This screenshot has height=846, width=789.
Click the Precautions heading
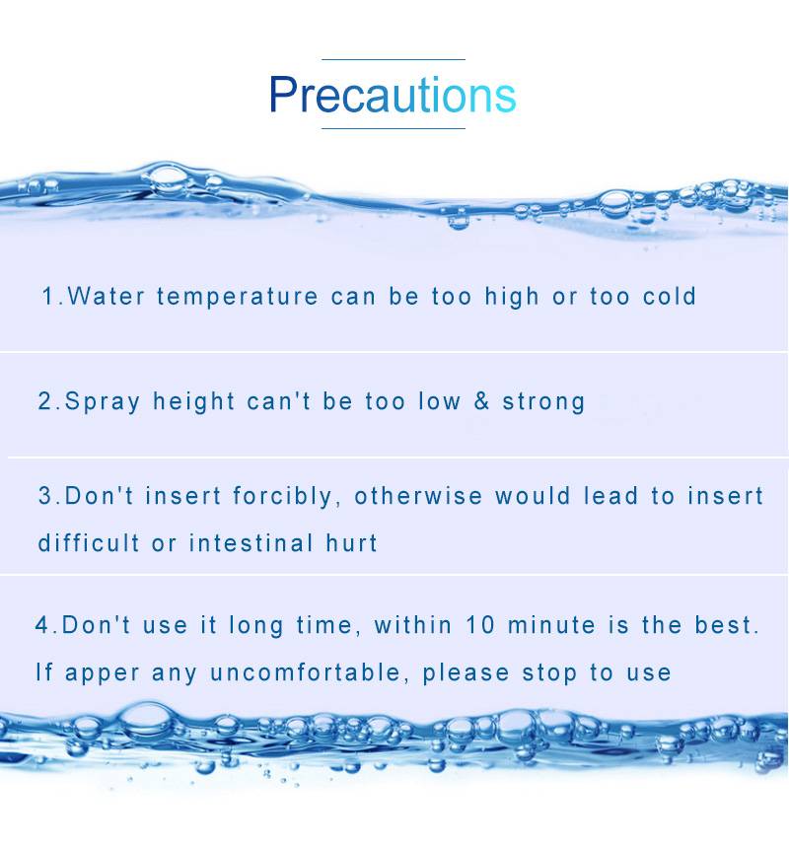click(393, 95)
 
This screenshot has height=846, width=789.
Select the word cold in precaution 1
click(670, 296)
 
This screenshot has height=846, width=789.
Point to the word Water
click(107, 296)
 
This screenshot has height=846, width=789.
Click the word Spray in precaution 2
click(103, 402)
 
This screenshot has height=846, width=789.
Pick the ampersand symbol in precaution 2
click(481, 401)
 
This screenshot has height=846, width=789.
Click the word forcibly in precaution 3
click(282, 496)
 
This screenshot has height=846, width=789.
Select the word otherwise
click(418, 496)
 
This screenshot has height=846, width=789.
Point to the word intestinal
click(251, 542)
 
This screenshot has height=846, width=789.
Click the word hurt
click(351, 542)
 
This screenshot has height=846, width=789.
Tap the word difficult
click(89, 542)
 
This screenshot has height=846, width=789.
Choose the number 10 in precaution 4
click(480, 625)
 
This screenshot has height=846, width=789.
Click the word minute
click(551, 625)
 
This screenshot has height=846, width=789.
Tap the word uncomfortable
click(305, 672)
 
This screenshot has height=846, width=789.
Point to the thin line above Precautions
click(394, 59)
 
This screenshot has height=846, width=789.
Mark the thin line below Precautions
click(394, 128)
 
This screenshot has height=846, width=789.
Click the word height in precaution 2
click(193, 402)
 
